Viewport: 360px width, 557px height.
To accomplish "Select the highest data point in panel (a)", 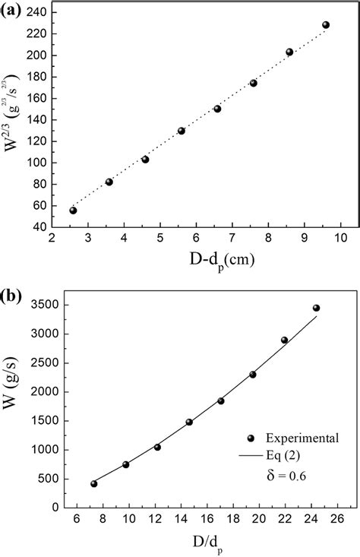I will tap(326, 25).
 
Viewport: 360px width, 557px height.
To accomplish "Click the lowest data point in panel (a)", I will tap(73, 210).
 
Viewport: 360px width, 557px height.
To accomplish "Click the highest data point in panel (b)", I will tap(316, 308).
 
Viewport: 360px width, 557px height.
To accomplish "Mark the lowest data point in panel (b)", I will tap(94, 483).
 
